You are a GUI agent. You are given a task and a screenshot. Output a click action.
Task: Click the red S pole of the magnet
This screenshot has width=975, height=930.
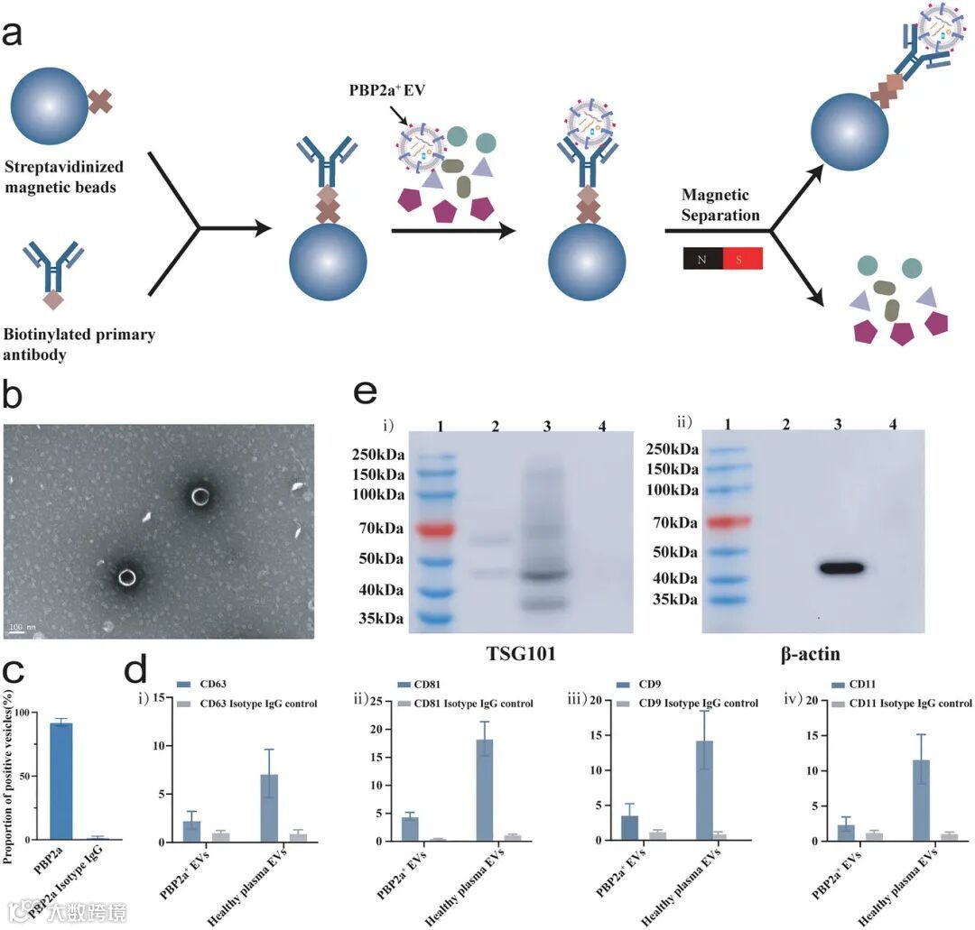743,258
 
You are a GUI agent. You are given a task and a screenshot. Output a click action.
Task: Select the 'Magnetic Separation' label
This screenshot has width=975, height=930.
721,206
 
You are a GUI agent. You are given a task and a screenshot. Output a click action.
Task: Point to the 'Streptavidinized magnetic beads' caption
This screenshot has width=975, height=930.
63,175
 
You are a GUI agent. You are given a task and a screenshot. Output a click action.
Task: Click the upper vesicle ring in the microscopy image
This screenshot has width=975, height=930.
200,495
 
